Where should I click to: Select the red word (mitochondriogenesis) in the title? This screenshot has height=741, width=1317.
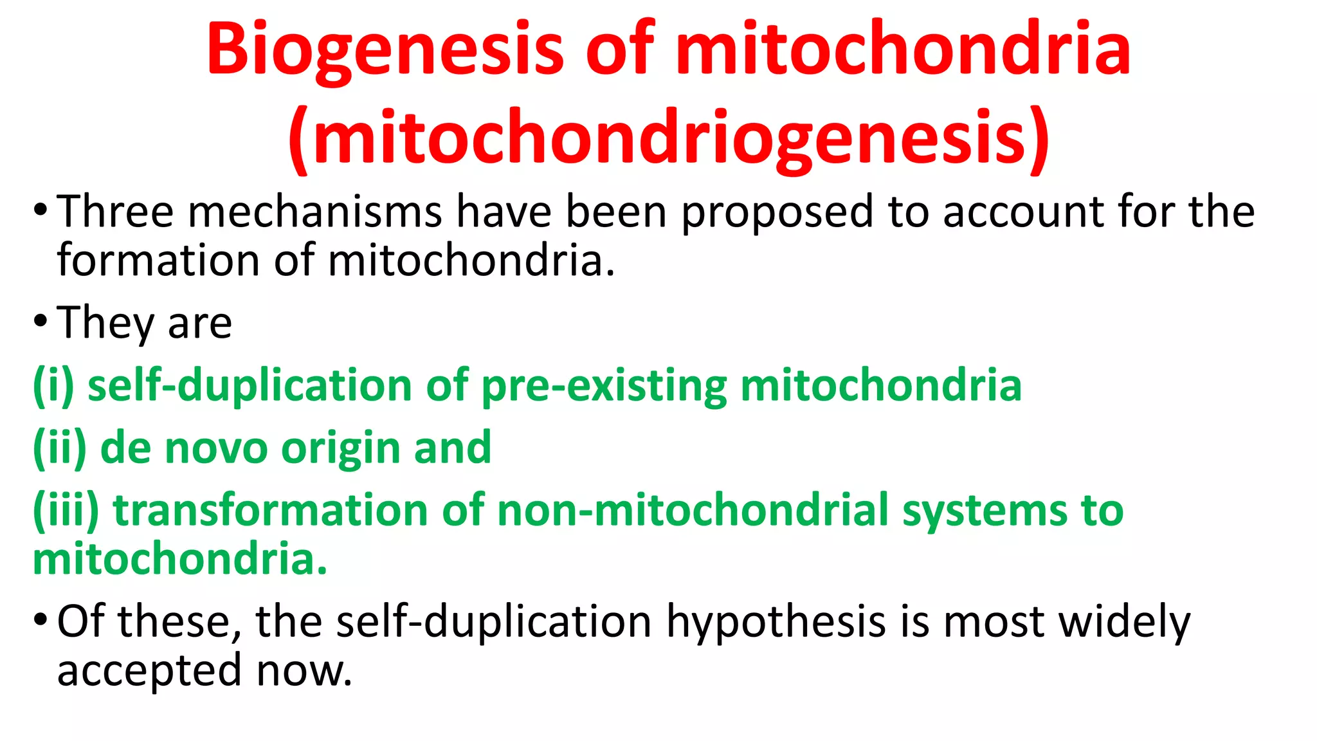[669, 138]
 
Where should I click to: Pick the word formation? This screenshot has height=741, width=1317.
[158, 261]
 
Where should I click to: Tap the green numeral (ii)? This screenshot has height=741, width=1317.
[60, 448]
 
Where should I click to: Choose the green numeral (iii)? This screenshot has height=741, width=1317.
[66, 510]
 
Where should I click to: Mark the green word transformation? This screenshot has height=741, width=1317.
[271, 510]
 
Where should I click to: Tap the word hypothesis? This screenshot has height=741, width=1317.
[776, 623]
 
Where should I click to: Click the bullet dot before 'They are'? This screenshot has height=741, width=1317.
[41, 321]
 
